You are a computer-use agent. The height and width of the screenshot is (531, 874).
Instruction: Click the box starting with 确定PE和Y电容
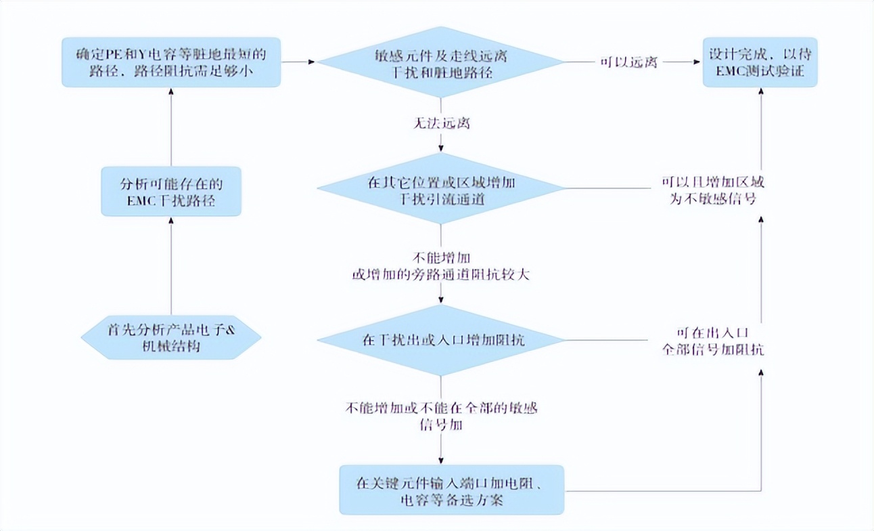coord(171,62)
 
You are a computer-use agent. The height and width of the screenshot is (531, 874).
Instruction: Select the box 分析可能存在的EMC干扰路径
coord(171,191)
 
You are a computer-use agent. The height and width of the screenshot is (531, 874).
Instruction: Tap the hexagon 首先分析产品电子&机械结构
coord(171,337)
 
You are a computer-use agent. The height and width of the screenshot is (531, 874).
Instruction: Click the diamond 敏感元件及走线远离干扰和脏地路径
coord(440,63)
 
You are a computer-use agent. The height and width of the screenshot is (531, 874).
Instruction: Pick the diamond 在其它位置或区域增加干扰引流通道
coord(440,192)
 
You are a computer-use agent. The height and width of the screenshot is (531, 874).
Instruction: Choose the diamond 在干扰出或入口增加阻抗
coord(440,340)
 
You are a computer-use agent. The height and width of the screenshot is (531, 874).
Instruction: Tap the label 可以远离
coord(628,63)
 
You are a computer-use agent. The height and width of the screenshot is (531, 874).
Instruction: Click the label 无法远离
coord(441,124)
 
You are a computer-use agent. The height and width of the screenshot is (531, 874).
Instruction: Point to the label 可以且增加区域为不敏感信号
coord(714,191)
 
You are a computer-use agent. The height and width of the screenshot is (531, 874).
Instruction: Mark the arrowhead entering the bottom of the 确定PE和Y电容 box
coord(171,92)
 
